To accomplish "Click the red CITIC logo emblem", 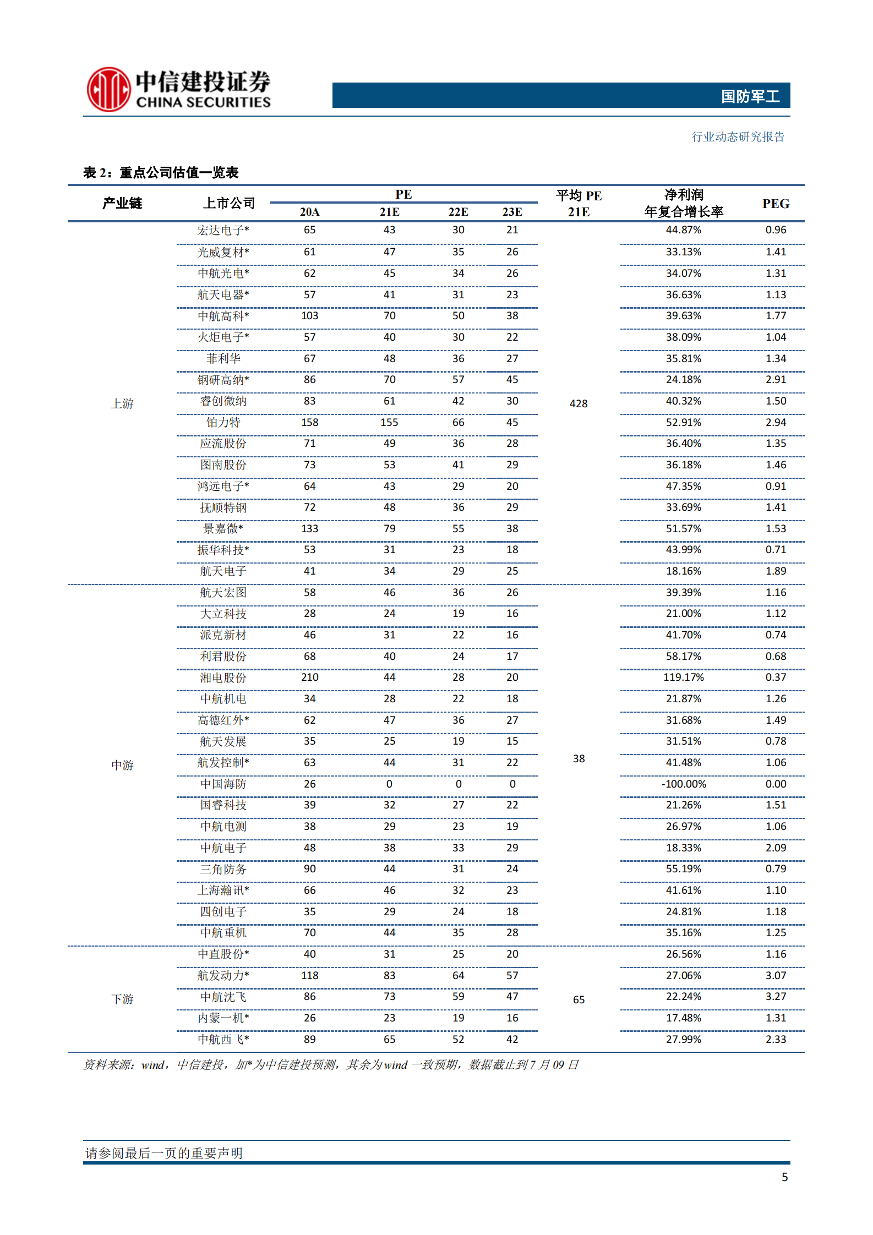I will (x=108, y=89).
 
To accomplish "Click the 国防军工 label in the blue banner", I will (x=750, y=96).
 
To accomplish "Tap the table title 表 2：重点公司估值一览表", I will (x=161, y=173).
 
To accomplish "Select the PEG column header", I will (x=776, y=204).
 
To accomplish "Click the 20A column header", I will (x=309, y=212).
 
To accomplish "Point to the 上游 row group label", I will (x=122, y=403).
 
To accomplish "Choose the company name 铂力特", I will (x=223, y=422).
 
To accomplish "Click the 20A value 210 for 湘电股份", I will (x=309, y=677).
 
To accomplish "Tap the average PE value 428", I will (x=579, y=403).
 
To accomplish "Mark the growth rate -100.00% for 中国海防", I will (x=683, y=784).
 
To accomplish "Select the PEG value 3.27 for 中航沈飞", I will (x=776, y=997).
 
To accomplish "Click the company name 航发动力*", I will (x=223, y=975).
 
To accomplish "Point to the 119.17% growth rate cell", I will (x=683, y=677).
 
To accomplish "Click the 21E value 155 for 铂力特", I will (x=389, y=422).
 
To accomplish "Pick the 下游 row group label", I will (x=122, y=999).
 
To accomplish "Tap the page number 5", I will (x=784, y=1177).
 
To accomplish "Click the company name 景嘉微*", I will (x=223, y=528).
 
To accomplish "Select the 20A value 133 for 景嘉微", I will (x=309, y=528).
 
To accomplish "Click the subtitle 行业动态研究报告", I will (x=738, y=136).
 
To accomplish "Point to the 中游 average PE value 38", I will (x=579, y=758).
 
